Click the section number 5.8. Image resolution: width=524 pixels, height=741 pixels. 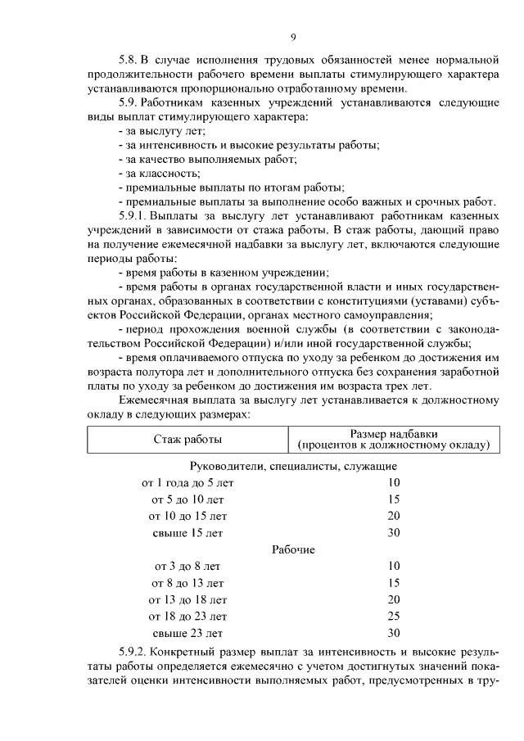[129, 59]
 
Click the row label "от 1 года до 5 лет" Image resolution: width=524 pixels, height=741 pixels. [187, 483]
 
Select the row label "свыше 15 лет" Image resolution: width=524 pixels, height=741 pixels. [187, 532]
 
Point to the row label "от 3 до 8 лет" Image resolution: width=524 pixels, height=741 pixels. [187, 566]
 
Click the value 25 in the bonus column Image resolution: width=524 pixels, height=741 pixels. [393, 616]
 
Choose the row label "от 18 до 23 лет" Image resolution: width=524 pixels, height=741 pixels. [187, 616]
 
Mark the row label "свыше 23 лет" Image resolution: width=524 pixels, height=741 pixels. [187, 632]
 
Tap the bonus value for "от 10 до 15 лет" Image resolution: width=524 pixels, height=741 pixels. [393, 516]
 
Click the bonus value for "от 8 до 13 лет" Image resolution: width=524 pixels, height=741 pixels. [393, 582]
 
